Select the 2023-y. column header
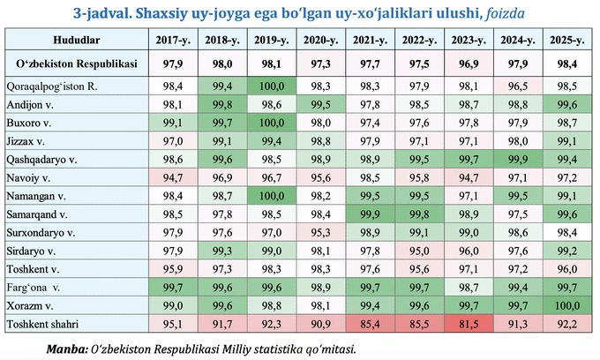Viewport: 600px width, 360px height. tap(465, 41)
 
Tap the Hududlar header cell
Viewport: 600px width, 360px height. tap(75, 41)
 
